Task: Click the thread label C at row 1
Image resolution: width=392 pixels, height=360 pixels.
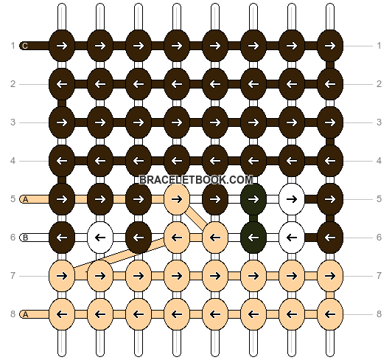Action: [x=25, y=46]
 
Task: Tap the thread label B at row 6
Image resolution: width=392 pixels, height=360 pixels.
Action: [x=25, y=238]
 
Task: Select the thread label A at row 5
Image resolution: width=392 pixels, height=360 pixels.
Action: [x=25, y=199]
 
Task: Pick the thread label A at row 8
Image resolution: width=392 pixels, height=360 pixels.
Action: [x=25, y=314]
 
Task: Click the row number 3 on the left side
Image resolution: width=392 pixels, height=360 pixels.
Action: [x=13, y=122]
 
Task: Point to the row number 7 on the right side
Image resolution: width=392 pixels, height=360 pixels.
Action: [x=379, y=276]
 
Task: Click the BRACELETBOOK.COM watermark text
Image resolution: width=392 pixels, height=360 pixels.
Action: [x=196, y=180]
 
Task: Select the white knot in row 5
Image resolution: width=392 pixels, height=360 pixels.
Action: [x=292, y=199]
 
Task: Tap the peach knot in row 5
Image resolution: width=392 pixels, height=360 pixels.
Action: [x=177, y=199]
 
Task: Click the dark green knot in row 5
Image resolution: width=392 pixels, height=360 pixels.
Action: [x=253, y=199]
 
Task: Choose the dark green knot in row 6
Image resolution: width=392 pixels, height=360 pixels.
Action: [x=253, y=238]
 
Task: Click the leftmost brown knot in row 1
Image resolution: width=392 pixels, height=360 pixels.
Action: [x=62, y=46]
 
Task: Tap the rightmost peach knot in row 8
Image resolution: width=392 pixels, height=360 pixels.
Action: [x=330, y=314]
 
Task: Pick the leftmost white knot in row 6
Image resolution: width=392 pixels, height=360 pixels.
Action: [x=100, y=238]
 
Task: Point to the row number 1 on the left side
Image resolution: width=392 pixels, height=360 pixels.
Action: [x=13, y=46]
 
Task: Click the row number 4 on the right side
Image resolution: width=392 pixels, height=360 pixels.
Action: [x=379, y=161]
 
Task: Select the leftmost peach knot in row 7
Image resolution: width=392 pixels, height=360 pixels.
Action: [x=62, y=276]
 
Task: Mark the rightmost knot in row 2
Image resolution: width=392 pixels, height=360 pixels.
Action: [x=330, y=84]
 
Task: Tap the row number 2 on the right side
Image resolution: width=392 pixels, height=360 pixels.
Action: [x=379, y=84]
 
